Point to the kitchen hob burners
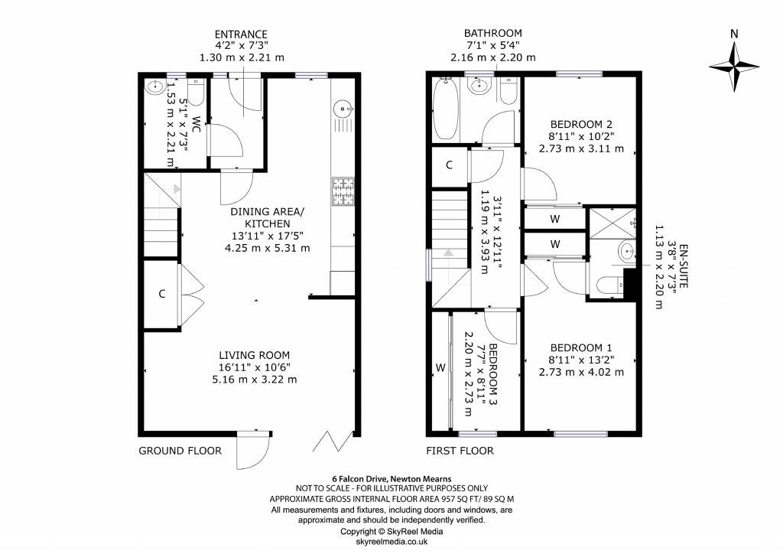click(343, 191)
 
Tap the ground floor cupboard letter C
click(162, 295)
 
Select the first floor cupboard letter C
click(450, 165)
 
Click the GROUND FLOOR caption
click(180, 451)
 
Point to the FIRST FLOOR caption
click(460, 451)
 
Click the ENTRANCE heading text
click(241, 34)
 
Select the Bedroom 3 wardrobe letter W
click(440, 368)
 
